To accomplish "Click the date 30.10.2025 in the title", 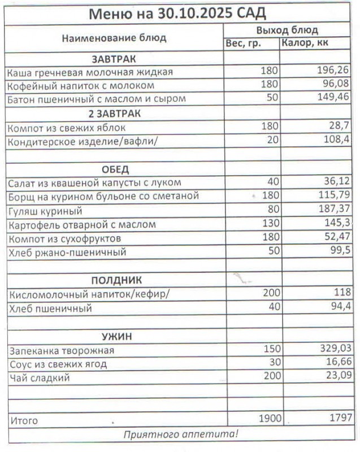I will pos(186,13).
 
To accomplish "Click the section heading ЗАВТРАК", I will pos(114,58).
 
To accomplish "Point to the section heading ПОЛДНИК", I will pos(117,280).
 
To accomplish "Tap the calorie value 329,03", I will pos(332,350).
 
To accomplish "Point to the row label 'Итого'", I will pos(24,421).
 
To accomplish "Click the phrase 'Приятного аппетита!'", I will pos(181,434).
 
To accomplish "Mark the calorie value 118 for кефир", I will pos(341,294).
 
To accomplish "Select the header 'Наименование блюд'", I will pos(114,38).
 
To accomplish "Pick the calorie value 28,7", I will pos(338,127).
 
